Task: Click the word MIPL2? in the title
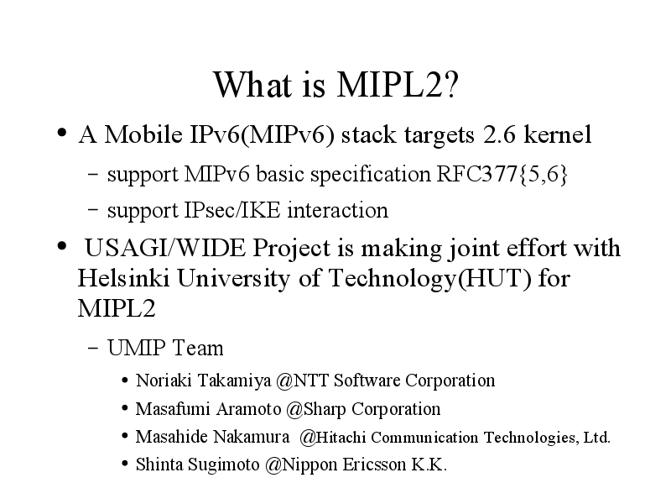click(398, 85)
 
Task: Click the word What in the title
click(252, 85)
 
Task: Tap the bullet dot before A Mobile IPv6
click(62, 133)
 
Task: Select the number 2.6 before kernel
click(499, 134)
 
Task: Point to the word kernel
click(558, 134)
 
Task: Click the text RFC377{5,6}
click(502, 174)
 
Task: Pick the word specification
click(370, 175)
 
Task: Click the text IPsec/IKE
click(232, 211)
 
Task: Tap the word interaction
click(338, 211)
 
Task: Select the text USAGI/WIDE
click(165, 248)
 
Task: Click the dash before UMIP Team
click(92, 348)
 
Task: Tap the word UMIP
click(136, 348)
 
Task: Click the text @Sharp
click(316, 409)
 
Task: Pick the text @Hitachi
click(332, 437)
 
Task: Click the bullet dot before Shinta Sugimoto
click(124, 464)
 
